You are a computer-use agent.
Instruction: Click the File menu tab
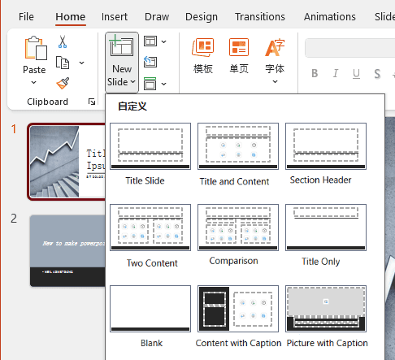point(26,16)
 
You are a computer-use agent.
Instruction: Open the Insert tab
point(115,16)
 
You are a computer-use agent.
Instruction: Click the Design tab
point(201,16)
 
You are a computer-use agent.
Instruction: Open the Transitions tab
point(259,16)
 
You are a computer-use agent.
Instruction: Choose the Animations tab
point(329,16)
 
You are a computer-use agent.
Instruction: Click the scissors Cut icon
point(63,42)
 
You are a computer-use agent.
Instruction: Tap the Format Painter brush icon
point(63,83)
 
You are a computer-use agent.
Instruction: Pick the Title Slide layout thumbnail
point(150,145)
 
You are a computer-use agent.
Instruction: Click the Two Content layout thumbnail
point(150,227)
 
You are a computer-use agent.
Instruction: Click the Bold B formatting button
point(315,75)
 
